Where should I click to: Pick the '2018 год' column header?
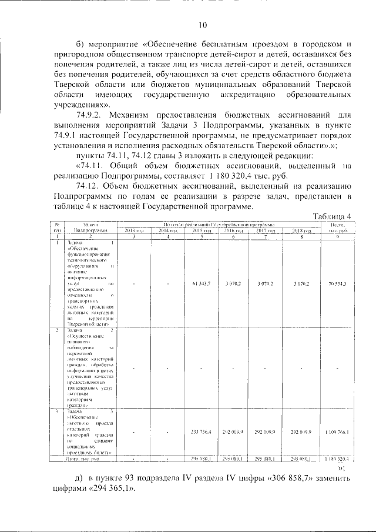tap(301, 230)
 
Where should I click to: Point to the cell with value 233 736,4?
tap(201, 432)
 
